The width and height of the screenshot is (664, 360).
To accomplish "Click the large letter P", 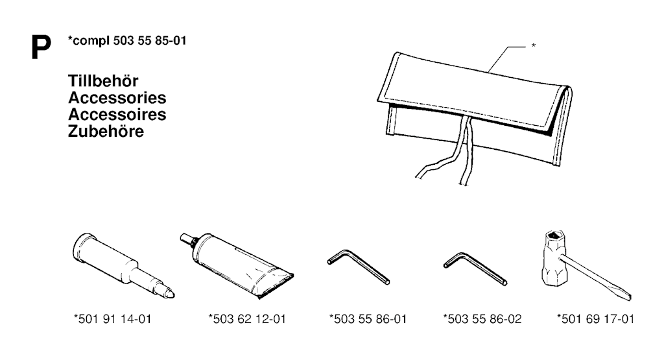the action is tap(41, 47).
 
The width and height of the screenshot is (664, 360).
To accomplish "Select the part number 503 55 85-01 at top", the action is tap(150, 41).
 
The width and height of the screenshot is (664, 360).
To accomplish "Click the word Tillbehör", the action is tap(103, 81).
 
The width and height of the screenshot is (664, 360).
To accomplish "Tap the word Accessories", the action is tap(117, 98).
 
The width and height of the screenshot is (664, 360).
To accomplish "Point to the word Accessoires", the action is tap(117, 114).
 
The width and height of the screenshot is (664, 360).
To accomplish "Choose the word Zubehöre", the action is tap(106, 131).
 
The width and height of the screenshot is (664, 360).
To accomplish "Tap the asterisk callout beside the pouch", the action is tap(534, 45).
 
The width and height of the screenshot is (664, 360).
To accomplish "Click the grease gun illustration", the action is tap(123, 265).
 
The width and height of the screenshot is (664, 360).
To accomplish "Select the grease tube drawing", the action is tap(237, 265).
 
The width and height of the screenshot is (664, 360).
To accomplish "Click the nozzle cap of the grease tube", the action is tap(185, 238).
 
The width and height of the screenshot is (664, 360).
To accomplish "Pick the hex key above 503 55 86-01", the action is tap(358, 267).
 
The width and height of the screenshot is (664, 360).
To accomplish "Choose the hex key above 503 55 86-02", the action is tap(475, 269).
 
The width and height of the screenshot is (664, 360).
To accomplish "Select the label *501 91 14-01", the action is tap(113, 319).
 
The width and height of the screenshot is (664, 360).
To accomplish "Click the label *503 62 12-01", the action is tap(247, 319).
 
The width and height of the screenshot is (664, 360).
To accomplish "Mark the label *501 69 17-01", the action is tap(596, 319).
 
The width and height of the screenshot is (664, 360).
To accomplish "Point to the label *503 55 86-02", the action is tap(482, 319).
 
